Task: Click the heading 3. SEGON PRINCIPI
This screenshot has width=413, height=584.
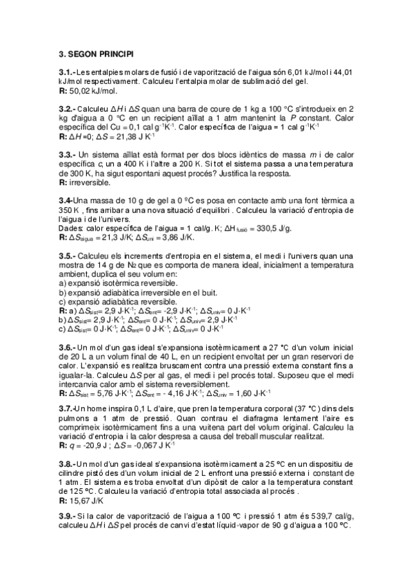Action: click(x=97, y=52)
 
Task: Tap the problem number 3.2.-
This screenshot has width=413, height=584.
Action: click(x=67, y=109)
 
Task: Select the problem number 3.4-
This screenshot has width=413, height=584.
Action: click(x=66, y=200)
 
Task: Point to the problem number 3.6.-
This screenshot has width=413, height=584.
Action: click(x=67, y=347)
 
